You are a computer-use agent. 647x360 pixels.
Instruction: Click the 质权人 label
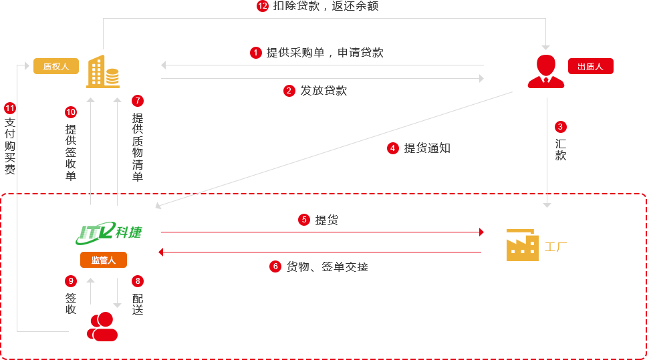pos(56,66)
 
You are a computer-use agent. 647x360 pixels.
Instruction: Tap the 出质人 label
pos(590,66)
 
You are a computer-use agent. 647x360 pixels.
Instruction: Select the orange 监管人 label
pos(104,260)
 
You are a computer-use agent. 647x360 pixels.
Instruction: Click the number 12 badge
pos(263,6)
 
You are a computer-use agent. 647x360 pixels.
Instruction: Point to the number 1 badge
pos(256,52)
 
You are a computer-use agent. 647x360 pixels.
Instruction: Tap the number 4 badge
pos(392,148)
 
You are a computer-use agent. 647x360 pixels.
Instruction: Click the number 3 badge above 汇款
pos(560,126)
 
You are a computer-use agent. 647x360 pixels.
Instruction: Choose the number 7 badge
pos(138,101)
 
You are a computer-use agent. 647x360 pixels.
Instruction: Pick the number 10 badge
pos(71,112)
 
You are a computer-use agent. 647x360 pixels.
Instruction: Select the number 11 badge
pos(9,108)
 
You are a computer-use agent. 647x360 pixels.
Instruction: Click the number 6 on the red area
pos(275,266)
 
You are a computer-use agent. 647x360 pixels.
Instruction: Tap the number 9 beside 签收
pos(71,281)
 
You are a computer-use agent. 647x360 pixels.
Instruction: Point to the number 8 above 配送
pos(138,281)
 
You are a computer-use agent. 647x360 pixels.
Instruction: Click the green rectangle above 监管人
pos(109,232)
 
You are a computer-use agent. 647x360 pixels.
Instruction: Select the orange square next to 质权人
pos(102,71)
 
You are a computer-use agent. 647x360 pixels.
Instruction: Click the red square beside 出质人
pos(545,71)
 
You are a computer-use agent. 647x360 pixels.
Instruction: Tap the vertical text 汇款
pos(560,150)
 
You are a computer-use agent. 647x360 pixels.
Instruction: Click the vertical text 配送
pos(138,304)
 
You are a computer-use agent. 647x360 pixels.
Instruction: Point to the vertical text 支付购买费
pos(10,146)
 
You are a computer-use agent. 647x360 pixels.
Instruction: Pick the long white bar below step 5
pos(368,244)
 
